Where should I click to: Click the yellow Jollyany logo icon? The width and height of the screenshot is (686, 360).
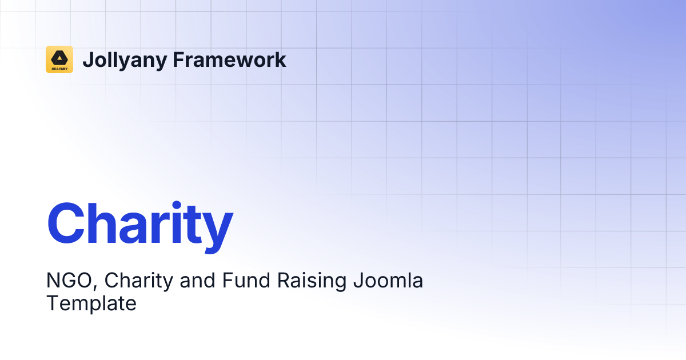pyautogui.click(x=59, y=59)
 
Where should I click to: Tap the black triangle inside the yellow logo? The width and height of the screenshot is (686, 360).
pyautogui.click(x=59, y=57)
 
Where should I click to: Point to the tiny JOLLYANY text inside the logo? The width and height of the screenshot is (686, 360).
pyautogui.click(x=59, y=67)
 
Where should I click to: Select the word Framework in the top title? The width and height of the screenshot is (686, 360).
pyautogui.click(x=229, y=59)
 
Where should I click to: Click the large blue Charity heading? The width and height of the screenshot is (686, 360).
pyautogui.click(x=140, y=223)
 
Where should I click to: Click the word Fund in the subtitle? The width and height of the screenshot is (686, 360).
pyautogui.click(x=239, y=281)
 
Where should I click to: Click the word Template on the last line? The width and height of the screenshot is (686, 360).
pyautogui.click(x=91, y=303)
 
